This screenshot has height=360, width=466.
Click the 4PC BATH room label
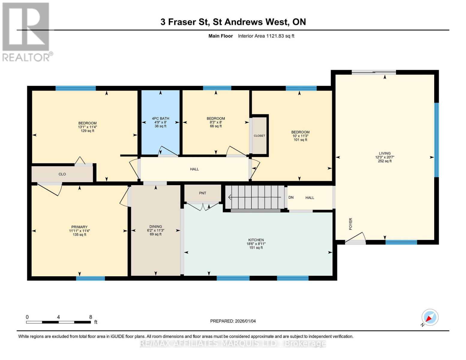point(161,118)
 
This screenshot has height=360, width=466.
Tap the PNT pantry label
point(203,193)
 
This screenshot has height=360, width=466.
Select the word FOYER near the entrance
point(351,224)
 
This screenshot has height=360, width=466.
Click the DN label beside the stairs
point(291,197)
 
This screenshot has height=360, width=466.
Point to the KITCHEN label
point(256,240)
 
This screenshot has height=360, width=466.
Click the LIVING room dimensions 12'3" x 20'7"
point(384,157)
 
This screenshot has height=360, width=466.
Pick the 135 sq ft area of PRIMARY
point(79,235)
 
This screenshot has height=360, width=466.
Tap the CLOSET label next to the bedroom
point(259,136)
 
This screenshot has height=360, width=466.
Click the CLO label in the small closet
point(62,174)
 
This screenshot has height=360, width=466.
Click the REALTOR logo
point(27,32)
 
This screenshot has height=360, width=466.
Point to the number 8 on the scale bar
point(91,317)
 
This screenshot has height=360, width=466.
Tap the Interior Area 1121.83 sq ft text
point(266,36)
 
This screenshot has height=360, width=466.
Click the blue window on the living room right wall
point(436,140)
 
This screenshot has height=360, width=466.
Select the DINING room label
point(156,226)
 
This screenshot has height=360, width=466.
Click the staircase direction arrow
point(254,197)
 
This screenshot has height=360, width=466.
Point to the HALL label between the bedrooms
point(194,169)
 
